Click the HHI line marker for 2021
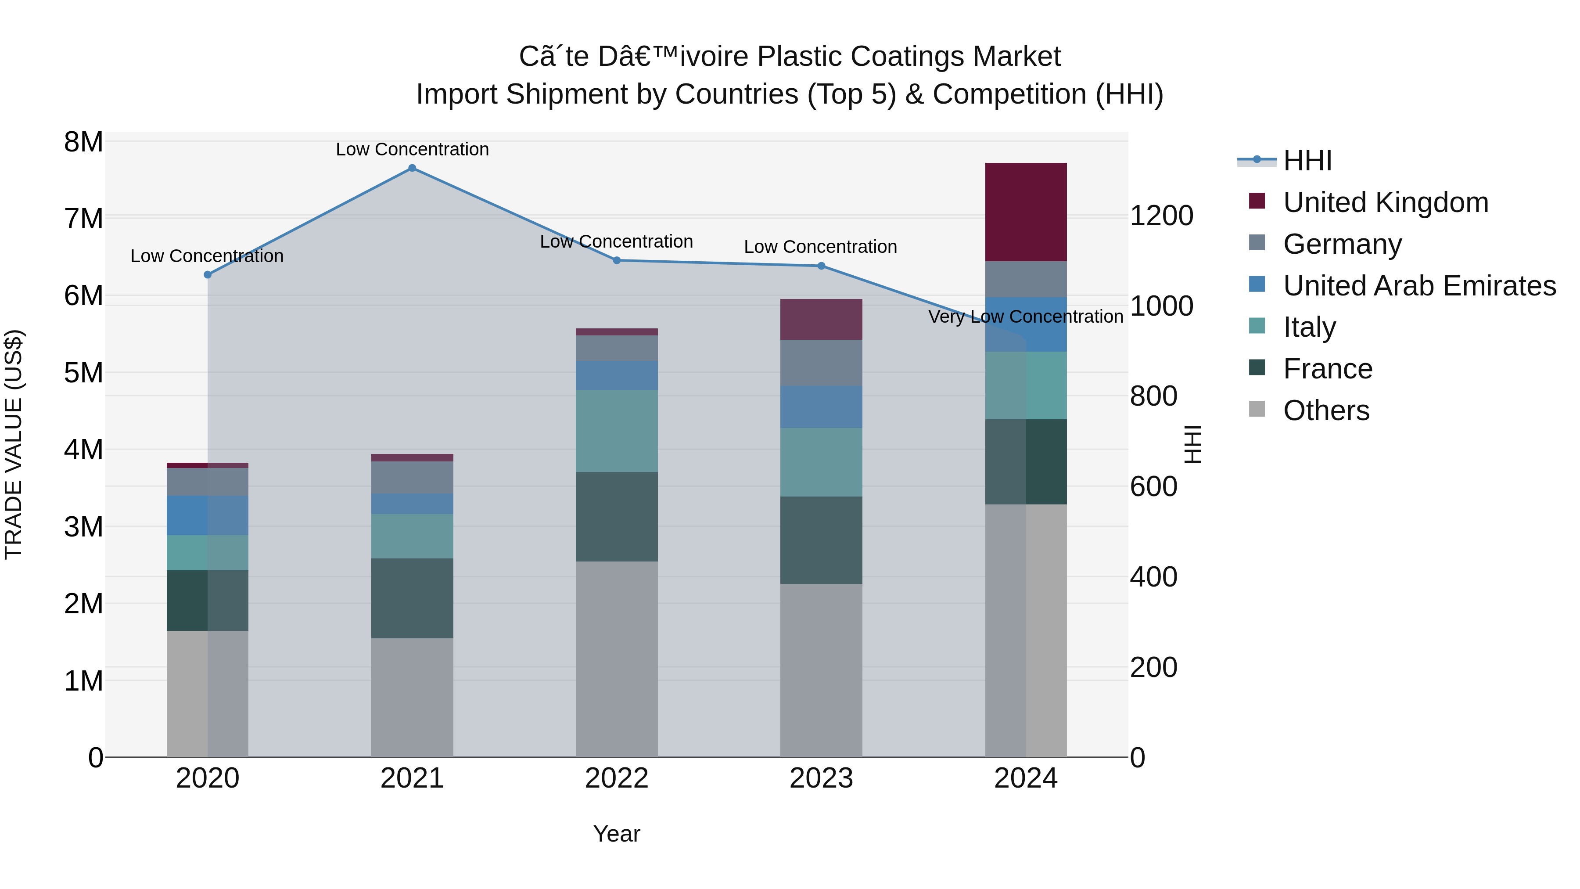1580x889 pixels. click(412, 168)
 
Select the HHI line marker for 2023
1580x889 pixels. click(821, 266)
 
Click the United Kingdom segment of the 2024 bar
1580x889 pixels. click(1026, 212)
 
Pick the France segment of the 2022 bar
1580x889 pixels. click(617, 517)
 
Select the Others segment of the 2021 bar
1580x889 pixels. click(412, 698)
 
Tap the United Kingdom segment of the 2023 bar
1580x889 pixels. click(821, 320)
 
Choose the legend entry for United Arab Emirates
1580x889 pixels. click(1419, 286)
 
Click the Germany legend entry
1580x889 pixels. click(1342, 244)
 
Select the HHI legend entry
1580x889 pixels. click(1307, 161)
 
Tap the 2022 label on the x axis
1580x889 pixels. click(617, 778)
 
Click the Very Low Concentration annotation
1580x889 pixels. click(1026, 317)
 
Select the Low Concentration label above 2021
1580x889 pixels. click(412, 149)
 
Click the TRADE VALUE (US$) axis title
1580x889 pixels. click(14, 444)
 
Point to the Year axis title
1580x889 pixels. click(617, 834)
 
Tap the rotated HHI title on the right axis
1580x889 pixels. click(1192, 444)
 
